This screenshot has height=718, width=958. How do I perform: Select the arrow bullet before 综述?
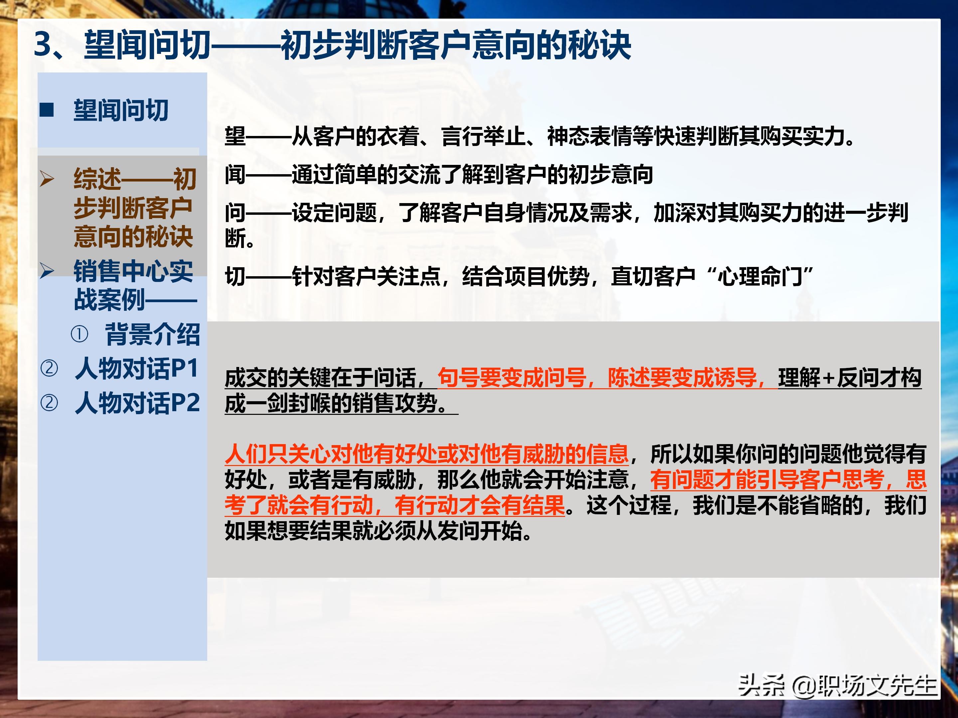pyautogui.click(x=47, y=179)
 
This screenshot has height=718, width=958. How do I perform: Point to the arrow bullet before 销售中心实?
pyautogui.click(x=47, y=271)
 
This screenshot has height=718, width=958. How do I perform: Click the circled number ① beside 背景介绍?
pyautogui.click(x=79, y=334)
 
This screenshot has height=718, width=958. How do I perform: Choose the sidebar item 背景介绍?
pyautogui.click(x=152, y=334)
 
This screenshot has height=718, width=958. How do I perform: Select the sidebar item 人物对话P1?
pyautogui.click(x=137, y=368)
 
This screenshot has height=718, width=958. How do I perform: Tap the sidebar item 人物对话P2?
pyautogui.click(x=137, y=403)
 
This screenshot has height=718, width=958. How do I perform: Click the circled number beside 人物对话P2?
pyautogui.click(x=49, y=403)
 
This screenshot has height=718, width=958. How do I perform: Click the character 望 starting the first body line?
pyautogui.click(x=235, y=136)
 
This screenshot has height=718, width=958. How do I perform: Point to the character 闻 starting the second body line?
pyautogui.click(x=235, y=175)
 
